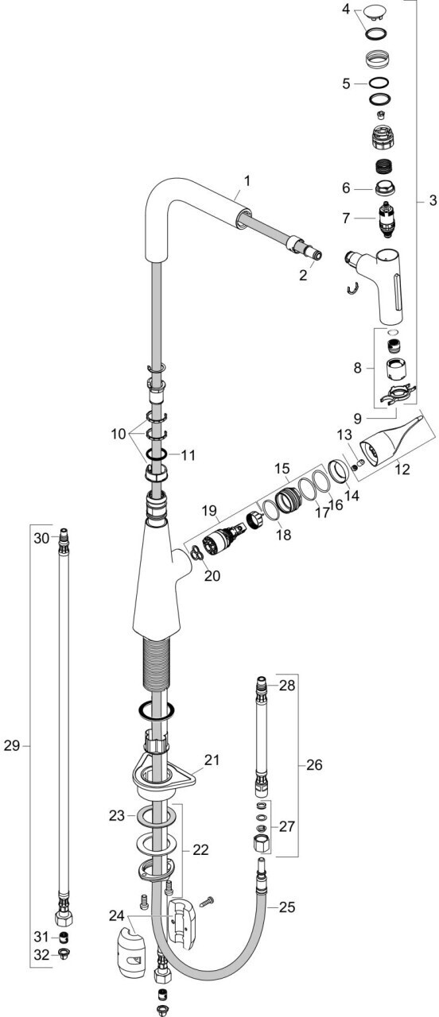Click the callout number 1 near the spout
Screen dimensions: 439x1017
[247, 181]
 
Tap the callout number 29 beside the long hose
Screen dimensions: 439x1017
[12, 745]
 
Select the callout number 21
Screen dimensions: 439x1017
[211, 759]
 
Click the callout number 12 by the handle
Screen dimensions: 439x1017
[402, 468]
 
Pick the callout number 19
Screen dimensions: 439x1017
[210, 510]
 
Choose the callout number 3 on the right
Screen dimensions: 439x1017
[432, 199]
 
